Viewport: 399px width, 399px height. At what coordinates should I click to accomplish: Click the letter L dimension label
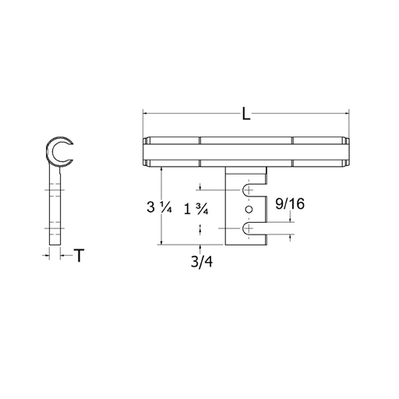pos(246,114)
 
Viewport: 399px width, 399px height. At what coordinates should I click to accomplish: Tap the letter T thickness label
pos(79,256)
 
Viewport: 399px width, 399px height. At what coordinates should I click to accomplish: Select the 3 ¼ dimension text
pos(159,207)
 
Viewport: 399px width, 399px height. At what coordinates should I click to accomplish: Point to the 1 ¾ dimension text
pos(196,209)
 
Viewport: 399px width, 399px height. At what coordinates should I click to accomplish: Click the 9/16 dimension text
pos(290,203)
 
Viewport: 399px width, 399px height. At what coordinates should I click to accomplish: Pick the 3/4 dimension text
pos(202,262)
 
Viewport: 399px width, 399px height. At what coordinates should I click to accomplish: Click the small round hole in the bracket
pos(249,209)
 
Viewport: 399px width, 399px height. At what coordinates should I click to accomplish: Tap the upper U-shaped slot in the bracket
pos(254,190)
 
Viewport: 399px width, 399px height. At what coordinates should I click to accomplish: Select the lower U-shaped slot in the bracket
pos(254,228)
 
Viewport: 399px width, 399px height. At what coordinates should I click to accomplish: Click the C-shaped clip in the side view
pos(48,151)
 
